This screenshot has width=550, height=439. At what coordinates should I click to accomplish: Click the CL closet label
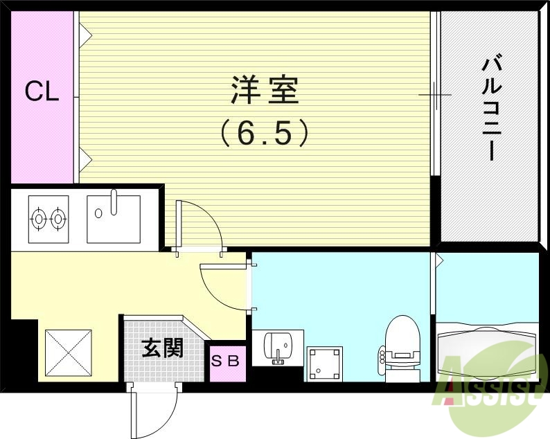(x=42, y=92)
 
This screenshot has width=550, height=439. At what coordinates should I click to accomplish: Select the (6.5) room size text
(x=263, y=132)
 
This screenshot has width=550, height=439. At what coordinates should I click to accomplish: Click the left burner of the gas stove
(x=39, y=218)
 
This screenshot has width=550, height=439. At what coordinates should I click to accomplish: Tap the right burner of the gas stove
(x=58, y=218)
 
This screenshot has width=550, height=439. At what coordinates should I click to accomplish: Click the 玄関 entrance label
(x=163, y=348)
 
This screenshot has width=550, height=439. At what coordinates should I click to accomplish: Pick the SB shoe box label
(x=226, y=361)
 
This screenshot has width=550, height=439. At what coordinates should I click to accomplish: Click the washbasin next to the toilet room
(x=279, y=346)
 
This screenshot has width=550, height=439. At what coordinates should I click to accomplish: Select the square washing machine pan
(x=324, y=363)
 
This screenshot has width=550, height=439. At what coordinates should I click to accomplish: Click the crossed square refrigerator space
(x=68, y=354)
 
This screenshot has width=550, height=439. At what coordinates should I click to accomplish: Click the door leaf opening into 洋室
(x=179, y=225)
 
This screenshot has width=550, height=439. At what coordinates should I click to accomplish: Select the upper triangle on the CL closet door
(x=85, y=32)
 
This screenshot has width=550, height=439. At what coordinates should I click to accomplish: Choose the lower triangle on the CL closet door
(x=85, y=160)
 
